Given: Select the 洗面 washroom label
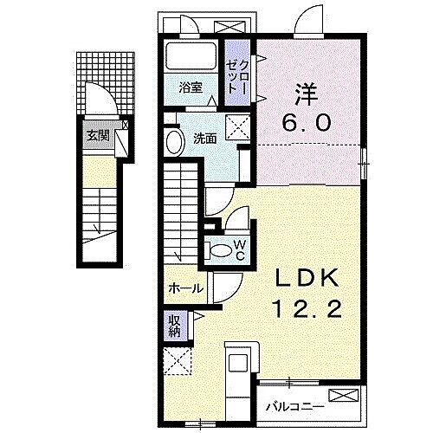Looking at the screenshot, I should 204,137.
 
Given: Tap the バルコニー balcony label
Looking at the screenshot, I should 295,404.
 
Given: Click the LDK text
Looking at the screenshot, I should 301,277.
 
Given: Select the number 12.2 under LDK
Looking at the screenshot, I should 301,308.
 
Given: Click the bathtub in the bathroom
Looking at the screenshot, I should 191,59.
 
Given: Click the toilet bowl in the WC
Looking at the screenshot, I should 219,252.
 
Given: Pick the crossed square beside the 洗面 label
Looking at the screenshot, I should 235,129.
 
